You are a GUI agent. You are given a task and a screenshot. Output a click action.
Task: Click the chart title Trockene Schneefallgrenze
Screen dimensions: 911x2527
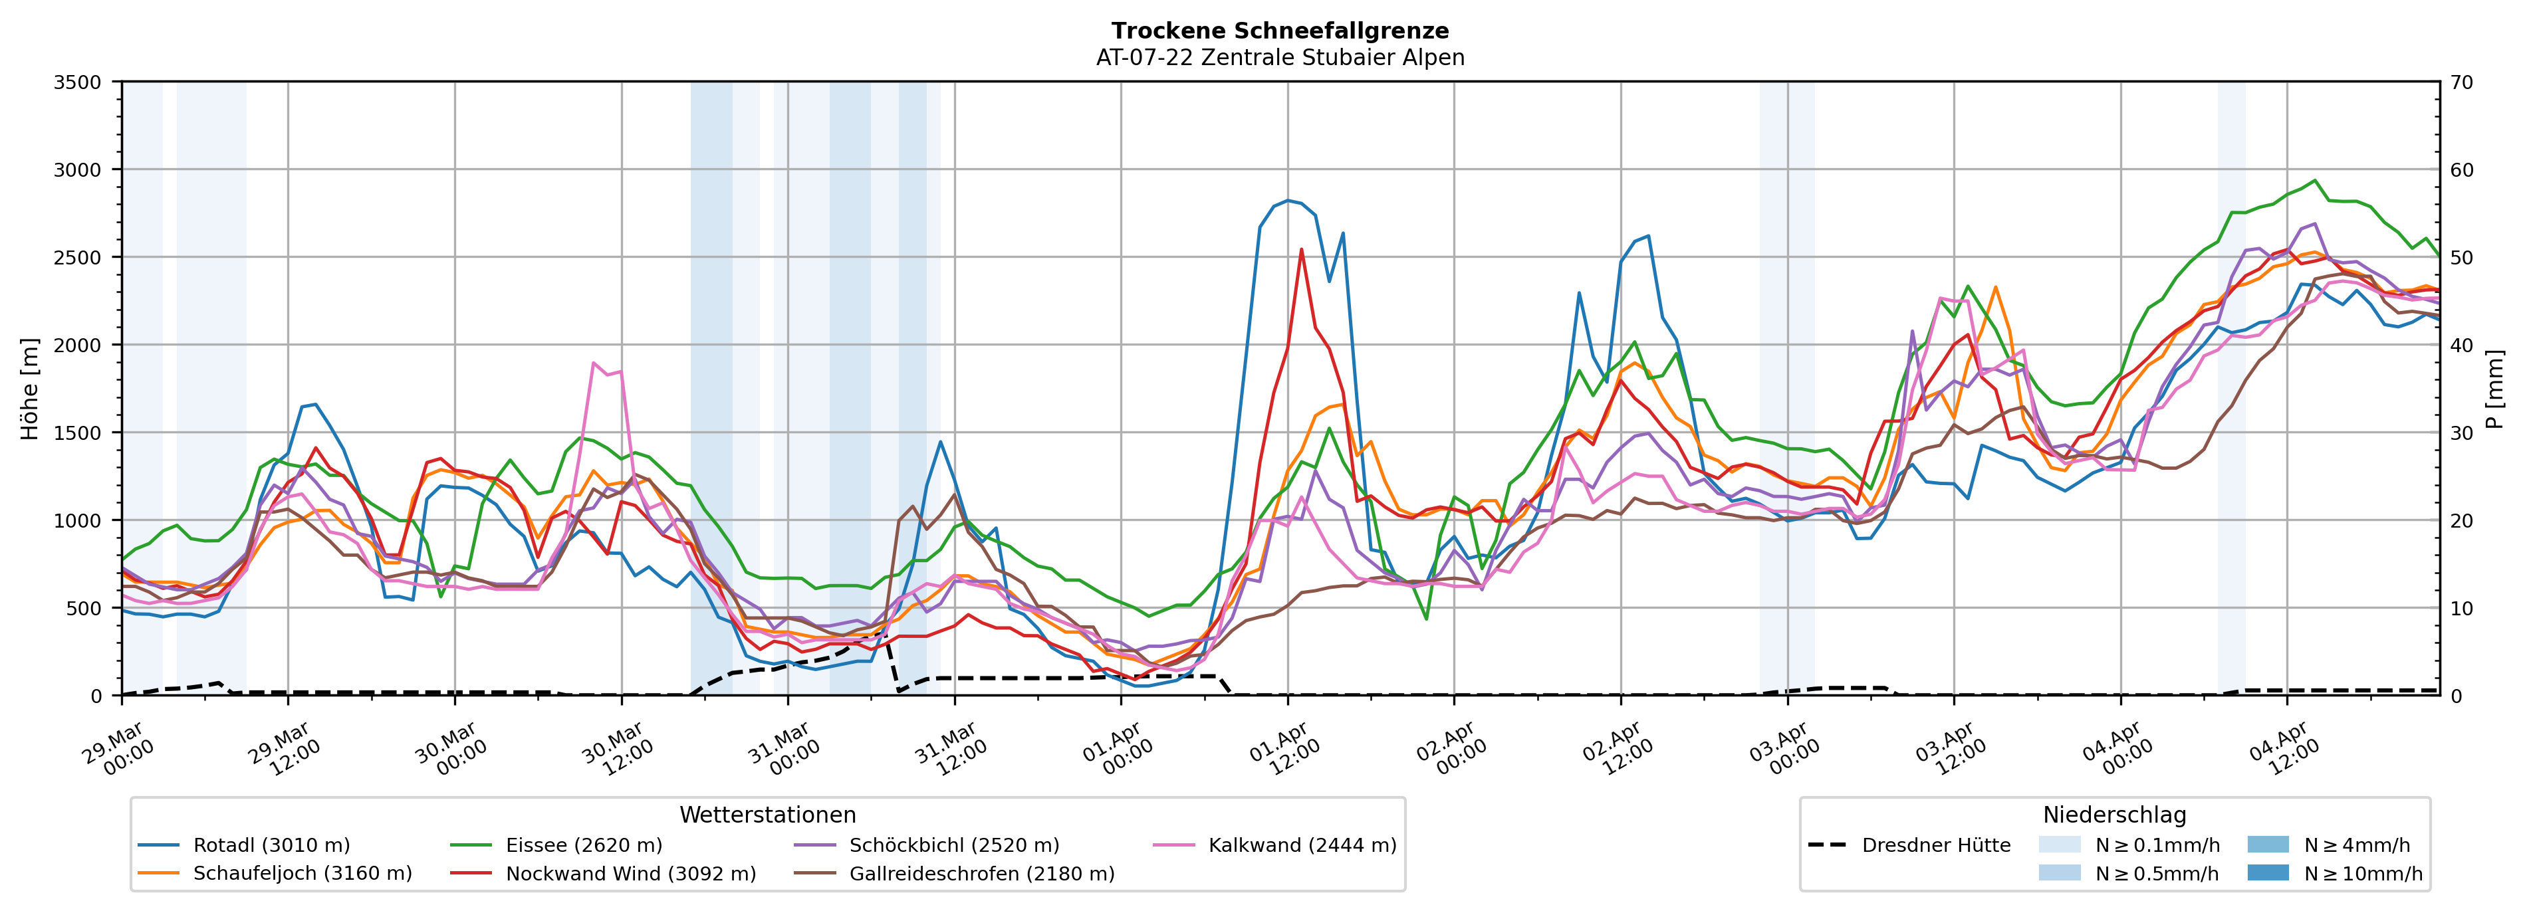coord(1279,31)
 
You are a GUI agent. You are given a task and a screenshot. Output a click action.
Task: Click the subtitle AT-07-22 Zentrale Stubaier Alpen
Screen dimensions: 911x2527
coord(1279,58)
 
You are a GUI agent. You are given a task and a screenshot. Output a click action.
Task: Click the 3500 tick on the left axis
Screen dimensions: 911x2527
coord(78,82)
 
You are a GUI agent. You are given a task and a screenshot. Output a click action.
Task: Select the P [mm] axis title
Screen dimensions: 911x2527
coord(2496,388)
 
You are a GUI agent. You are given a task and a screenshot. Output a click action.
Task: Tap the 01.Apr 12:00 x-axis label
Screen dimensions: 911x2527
coord(1282,750)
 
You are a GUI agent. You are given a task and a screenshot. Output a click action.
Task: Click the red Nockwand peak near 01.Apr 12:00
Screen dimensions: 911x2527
coord(1301,249)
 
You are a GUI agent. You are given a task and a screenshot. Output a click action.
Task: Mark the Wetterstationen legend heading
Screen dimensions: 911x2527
coord(767,815)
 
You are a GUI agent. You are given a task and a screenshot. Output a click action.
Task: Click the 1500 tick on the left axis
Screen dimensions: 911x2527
coord(78,433)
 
